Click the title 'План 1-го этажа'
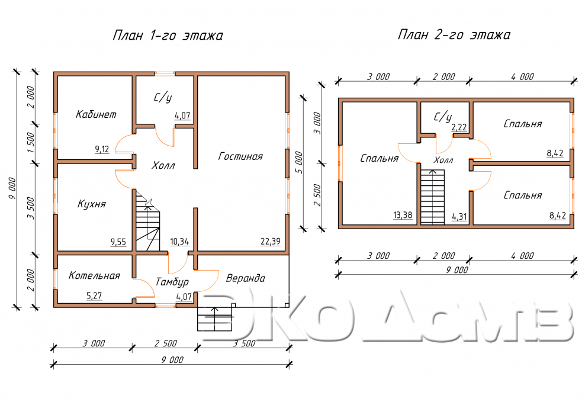click(x=168, y=36)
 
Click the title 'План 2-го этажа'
click(x=454, y=35)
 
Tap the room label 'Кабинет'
click(x=96, y=114)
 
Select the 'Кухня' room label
click(x=92, y=204)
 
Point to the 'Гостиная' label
click(x=240, y=156)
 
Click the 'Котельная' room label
click(x=94, y=275)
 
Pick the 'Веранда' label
click(x=246, y=278)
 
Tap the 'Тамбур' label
click(x=172, y=282)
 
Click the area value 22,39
click(x=271, y=242)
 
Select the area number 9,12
click(x=102, y=150)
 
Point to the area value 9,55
click(x=118, y=242)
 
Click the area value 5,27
click(x=94, y=295)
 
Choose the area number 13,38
click(x=403, y=215)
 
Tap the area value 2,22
click(x=459, y=127)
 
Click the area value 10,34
click(x=179, y=242)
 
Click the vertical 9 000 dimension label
click(x=12, y=189)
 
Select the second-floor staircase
click(x=433, y=197)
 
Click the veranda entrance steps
click(x=214, y=319)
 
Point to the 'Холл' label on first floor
click(x=163, y=165)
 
